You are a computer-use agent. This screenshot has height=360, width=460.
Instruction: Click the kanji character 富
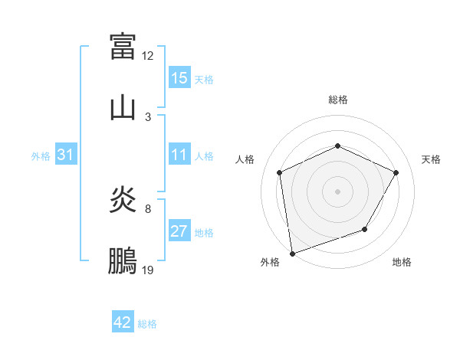123,45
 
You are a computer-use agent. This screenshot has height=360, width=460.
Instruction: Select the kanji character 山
123,106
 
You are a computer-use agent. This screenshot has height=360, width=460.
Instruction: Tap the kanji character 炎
123,201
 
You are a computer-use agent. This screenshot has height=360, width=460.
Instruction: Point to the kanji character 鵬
123,262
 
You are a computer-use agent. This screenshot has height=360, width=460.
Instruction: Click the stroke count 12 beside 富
148,56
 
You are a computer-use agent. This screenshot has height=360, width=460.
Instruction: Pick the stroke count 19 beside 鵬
148,270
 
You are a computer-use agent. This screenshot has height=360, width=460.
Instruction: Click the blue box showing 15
179,78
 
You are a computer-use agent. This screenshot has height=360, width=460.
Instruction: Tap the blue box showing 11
179,155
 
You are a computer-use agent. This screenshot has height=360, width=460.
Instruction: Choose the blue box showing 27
179,232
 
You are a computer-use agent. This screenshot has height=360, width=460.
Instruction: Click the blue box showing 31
66,155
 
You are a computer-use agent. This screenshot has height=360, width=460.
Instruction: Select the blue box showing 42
123,323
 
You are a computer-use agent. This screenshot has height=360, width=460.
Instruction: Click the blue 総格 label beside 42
147,324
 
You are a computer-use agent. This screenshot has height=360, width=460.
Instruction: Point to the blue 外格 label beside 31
41,156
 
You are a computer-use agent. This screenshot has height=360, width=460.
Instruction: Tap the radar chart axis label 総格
338,100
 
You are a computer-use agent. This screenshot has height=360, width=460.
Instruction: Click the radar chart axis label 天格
431,159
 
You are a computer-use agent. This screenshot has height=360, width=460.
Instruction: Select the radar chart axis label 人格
245,159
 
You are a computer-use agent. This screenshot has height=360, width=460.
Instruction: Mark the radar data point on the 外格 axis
292,253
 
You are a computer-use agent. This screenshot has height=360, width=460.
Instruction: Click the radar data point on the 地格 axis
365,229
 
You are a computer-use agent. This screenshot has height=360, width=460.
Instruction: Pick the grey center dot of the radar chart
337,191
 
